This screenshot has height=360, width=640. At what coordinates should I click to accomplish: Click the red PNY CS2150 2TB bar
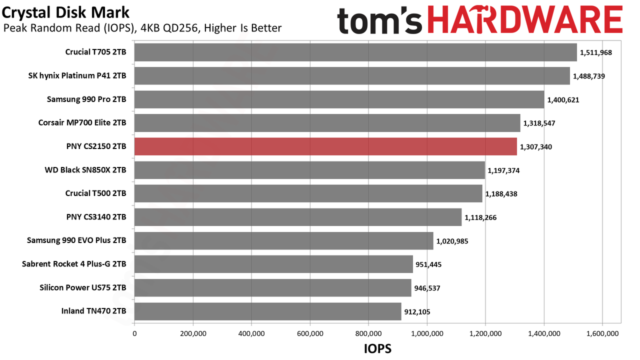(325, 146)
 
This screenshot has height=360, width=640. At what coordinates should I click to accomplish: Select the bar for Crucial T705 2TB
(355, 52)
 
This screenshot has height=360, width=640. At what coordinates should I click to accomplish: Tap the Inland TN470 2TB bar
(267, 311)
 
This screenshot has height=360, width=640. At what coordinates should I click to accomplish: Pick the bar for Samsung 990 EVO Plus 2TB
(283, 240)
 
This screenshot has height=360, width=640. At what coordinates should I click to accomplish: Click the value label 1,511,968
(595, 52)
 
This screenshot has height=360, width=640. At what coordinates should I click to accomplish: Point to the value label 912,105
(417, 311)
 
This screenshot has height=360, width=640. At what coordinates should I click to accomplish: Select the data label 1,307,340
(535, 147)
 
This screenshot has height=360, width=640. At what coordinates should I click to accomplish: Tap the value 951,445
(428, 264)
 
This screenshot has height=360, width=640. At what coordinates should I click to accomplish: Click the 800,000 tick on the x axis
(368, 333)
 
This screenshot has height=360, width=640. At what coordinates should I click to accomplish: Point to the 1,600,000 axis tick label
(602, 333)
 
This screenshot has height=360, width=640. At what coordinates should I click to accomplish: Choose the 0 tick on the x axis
(134, 333)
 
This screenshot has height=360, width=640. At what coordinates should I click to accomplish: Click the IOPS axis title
(377, 348)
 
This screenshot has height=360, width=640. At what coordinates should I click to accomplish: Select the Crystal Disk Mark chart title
(65, 12)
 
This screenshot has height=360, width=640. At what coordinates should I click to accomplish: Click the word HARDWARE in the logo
(525, 19)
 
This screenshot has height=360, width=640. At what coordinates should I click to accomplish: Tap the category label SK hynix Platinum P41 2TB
(77, 75)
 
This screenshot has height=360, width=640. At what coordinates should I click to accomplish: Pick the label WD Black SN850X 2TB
(85, 170)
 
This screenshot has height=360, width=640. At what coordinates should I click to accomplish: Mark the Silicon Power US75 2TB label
(83, 287)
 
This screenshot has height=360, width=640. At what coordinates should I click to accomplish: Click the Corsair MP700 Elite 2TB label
(82, 122)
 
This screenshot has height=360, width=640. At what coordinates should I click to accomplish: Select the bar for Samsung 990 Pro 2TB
(339, 99)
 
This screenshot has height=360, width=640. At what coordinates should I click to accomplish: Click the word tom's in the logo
(379, 20)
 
